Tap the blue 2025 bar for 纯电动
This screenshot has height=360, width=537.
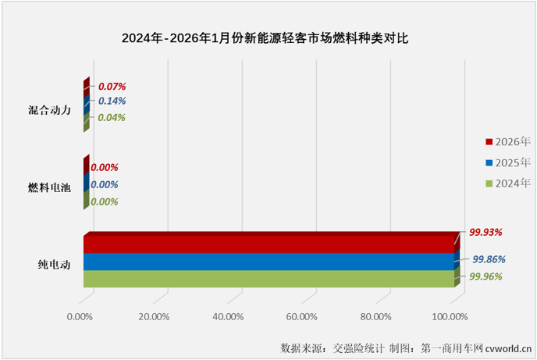click(x=269, y=262)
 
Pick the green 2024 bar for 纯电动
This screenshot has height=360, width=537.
click(x=269, y=279)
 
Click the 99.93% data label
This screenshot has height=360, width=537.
click(x=485, y=232)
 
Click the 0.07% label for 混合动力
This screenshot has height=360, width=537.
click(x=112, y=86)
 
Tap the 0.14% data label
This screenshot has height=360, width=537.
click(x=112, y=102)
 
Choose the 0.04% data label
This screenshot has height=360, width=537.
click(x=112, y=118)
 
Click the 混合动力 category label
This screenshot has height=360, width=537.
click(x=50, y=110)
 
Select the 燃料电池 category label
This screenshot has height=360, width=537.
click(x=50, y=187)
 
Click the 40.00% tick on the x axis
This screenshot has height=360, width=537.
click(x=228, y=316)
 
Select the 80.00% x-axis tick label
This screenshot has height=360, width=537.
click(x=376, y=316)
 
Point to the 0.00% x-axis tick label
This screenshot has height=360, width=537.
click(x=80, y=316)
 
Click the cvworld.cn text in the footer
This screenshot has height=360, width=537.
click(x=510, y=346)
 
